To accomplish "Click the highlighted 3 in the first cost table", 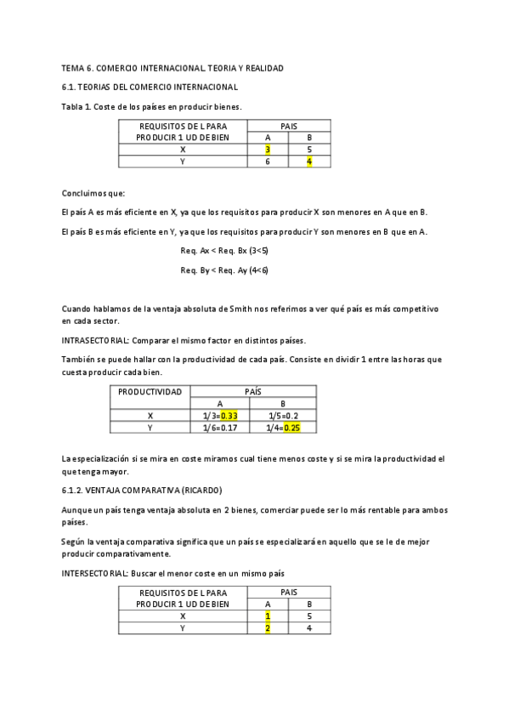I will point(268,150).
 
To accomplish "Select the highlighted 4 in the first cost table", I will point(309,162).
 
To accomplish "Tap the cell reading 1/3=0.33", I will point(220,416).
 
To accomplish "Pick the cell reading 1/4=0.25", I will point(283,428).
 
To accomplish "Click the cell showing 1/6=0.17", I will point(220,428).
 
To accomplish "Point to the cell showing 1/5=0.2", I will point(283,416).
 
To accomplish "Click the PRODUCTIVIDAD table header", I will point(150,392).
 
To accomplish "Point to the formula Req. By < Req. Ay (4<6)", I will point(224,270).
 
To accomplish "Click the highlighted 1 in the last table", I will point(268,616).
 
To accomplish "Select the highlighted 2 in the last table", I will point(268,628).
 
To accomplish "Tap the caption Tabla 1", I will point(78,107).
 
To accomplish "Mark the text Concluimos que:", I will point(93,193).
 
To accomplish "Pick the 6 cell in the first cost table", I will point(268,162).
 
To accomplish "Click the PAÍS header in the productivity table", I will point(252,392).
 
